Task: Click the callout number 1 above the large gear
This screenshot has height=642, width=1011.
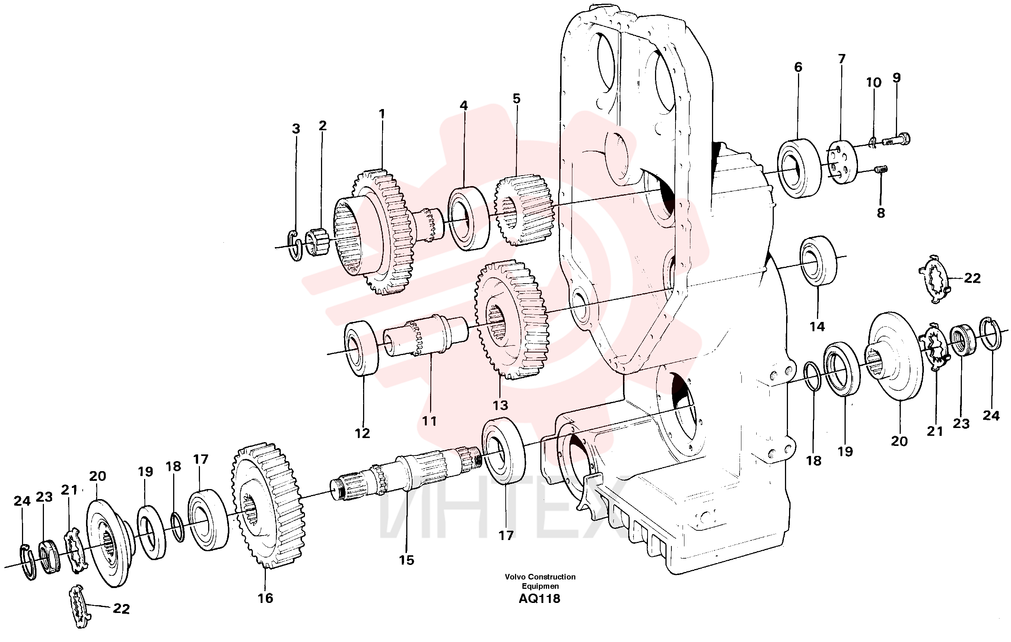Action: (382, 114)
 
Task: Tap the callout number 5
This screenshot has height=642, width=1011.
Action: (516, 99)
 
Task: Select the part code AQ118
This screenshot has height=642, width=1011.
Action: (540, 598)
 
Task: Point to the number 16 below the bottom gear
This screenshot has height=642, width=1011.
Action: (266, 598)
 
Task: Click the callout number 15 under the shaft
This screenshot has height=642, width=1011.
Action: (406, 560)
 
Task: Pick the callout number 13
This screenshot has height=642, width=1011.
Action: (500, 405)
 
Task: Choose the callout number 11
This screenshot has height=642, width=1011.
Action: (429, 421)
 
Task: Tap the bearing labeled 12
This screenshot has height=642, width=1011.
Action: (362, 348)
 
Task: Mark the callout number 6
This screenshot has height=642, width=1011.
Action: (798, 67)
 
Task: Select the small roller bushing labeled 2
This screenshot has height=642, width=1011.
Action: (317, 242)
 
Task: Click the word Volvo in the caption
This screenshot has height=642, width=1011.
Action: (515, 576)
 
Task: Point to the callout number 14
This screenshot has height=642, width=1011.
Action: (817, 326)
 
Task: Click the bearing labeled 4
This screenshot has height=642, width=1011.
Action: (468, 218)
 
